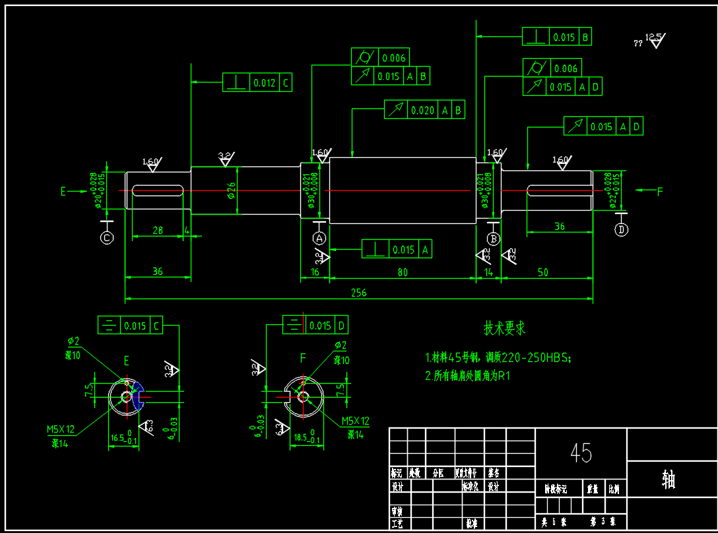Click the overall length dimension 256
click(x=358, y=293)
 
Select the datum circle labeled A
click(x=319, y=237)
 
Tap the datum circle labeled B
click(x=493, y=238)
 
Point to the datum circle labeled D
click(x=621, y=229)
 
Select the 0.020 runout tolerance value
click(x=422, y=110)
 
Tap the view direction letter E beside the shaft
click(x=63, y=192)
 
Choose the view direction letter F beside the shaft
click(x=659, y=192)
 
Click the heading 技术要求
click(x=505, y=328)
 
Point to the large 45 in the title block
click(x=581, y=452)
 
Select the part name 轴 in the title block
click(x=669, y=480)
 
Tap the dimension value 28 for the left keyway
click(x=157, y=230)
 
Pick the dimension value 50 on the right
click(x=543, y=272)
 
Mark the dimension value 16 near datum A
click(x=315, y=272)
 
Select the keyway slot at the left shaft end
click(x=158, y=191)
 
